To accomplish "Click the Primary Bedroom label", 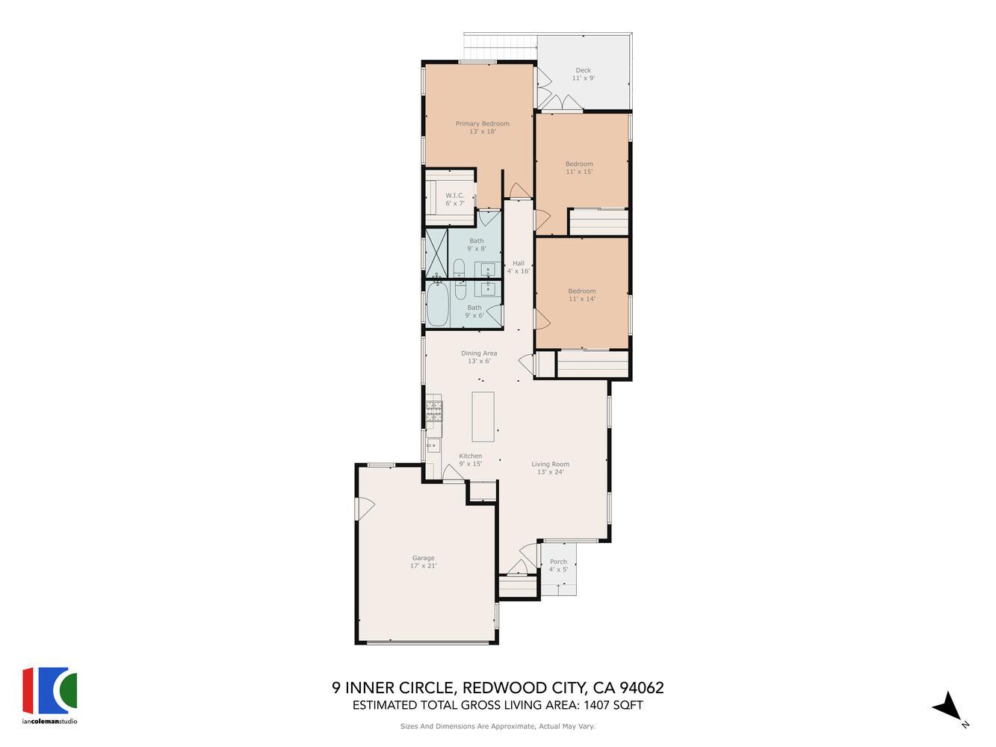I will (x=482, y=124).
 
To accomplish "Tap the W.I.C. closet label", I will (x=455, y=196).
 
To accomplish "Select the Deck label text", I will (x=583, y=70).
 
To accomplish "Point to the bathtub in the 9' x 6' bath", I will (x=438, y=304).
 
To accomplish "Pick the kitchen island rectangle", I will (x=483, y=416).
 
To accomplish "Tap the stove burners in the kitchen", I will (x=434, y=411).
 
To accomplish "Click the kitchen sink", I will (x=433, y=447).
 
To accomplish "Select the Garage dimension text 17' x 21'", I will (x=423, y=566).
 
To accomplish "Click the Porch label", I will (x=558, y=562).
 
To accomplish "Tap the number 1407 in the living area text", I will (x=592, y=705).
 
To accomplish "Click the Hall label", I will (x=518, y=263).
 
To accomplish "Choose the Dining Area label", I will (x=479, y=353).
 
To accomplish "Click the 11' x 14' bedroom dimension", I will (x=581, y=300).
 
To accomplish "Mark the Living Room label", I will (x=550, y=464).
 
